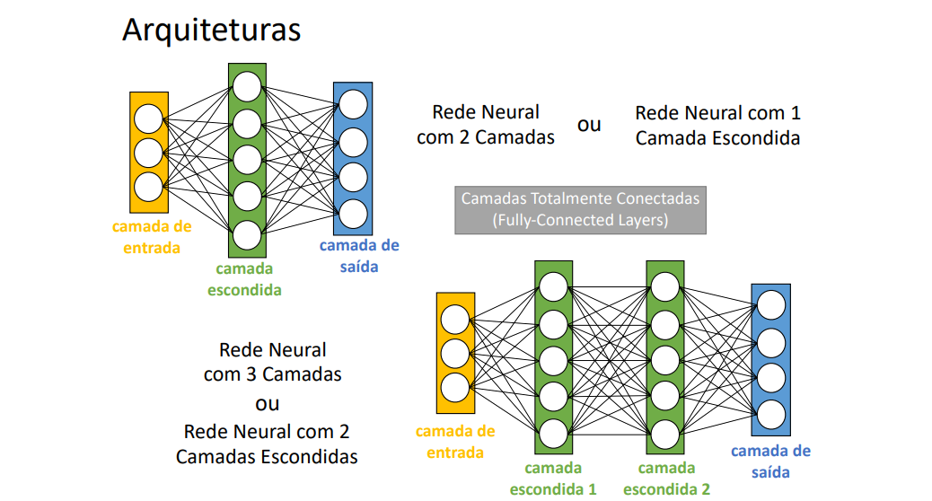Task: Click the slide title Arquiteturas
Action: [211, 30]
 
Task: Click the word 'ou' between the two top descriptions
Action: [589, 125]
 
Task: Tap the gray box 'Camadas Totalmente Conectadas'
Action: [580, 208]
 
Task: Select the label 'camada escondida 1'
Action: [553, 479]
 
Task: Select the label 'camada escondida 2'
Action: [666, 479]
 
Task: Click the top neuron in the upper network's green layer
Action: [247, 86]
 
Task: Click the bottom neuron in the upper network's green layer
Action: [247, 234]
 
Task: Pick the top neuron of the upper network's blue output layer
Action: [353, 104]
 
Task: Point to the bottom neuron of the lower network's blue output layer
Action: [770, 415]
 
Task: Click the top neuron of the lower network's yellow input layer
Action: [454, 319]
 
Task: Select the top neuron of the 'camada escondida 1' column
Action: [553, 286]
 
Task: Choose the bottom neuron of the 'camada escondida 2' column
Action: [664, 432]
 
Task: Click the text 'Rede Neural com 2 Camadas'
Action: [486, 125]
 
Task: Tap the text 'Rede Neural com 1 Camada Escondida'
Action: [717, 126]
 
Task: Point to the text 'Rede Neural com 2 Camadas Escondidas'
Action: [267, 444]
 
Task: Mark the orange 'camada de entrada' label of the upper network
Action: [152, 237]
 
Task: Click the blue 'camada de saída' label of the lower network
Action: [770, 461]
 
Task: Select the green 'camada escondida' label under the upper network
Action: [245, 279]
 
